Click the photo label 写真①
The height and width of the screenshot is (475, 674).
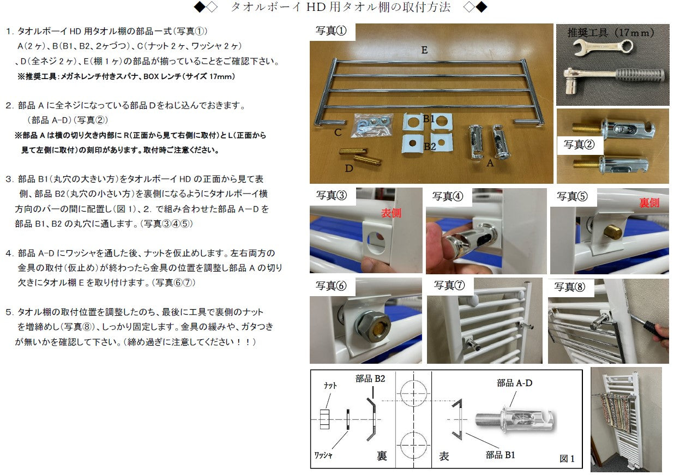332,31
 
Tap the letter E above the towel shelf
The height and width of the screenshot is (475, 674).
424,50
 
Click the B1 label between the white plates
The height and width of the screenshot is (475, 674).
429,119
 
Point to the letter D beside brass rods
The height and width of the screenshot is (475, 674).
349,169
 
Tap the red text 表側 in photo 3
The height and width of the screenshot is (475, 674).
390,213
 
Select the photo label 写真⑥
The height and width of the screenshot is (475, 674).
331,286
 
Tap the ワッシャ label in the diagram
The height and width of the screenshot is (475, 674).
324,454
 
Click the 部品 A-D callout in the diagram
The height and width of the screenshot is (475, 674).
514,383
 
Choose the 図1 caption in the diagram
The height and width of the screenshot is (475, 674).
567,459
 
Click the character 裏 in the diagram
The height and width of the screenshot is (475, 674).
382,456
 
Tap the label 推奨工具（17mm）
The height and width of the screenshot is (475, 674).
611,33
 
